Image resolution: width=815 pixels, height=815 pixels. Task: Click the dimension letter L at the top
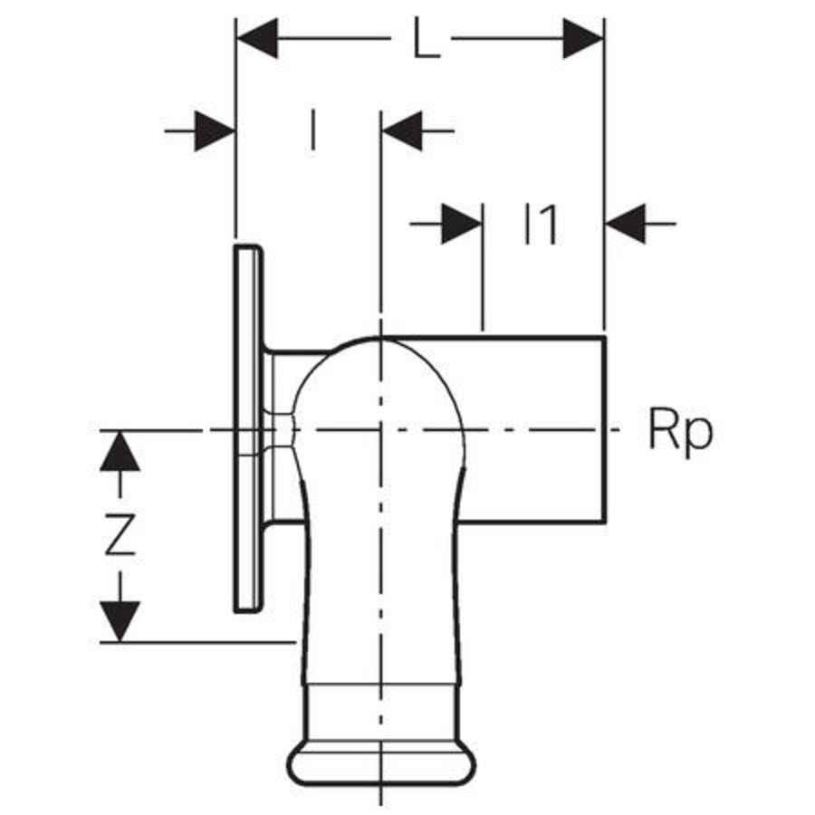coord(427,38)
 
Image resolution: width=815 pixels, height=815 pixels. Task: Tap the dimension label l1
coord(541,225)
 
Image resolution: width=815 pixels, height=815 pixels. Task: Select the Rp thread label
coord(681,431)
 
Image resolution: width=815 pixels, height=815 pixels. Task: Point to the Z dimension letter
coord(120,535)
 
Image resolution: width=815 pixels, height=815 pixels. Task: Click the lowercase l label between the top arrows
coord(312,129)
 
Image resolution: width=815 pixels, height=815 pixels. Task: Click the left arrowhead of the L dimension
coord(257,38)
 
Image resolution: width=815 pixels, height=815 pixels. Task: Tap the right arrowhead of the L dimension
coord(583,38)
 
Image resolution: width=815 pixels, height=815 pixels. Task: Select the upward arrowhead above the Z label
coord(120,451)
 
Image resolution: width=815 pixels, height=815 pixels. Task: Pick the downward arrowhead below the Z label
coord(120,621)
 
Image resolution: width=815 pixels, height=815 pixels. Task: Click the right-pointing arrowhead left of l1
coord(462,224)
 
